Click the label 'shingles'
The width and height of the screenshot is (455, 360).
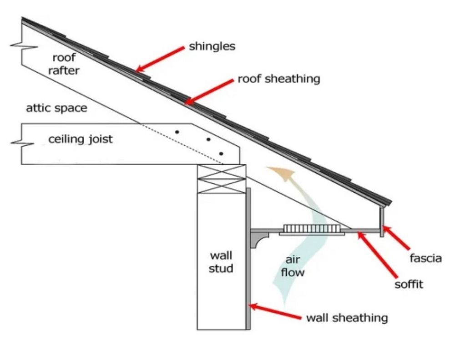click(212, 47)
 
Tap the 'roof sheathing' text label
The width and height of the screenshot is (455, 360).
click(279, 79)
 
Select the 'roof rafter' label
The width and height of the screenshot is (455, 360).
click(66, 64)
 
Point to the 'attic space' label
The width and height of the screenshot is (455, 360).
click(56, 108)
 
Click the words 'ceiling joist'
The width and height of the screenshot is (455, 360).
click(81, 139)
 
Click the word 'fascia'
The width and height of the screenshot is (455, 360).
click(425, 258)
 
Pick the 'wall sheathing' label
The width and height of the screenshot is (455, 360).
click(347, 318)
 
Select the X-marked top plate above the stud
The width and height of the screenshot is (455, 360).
click(221, 179)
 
